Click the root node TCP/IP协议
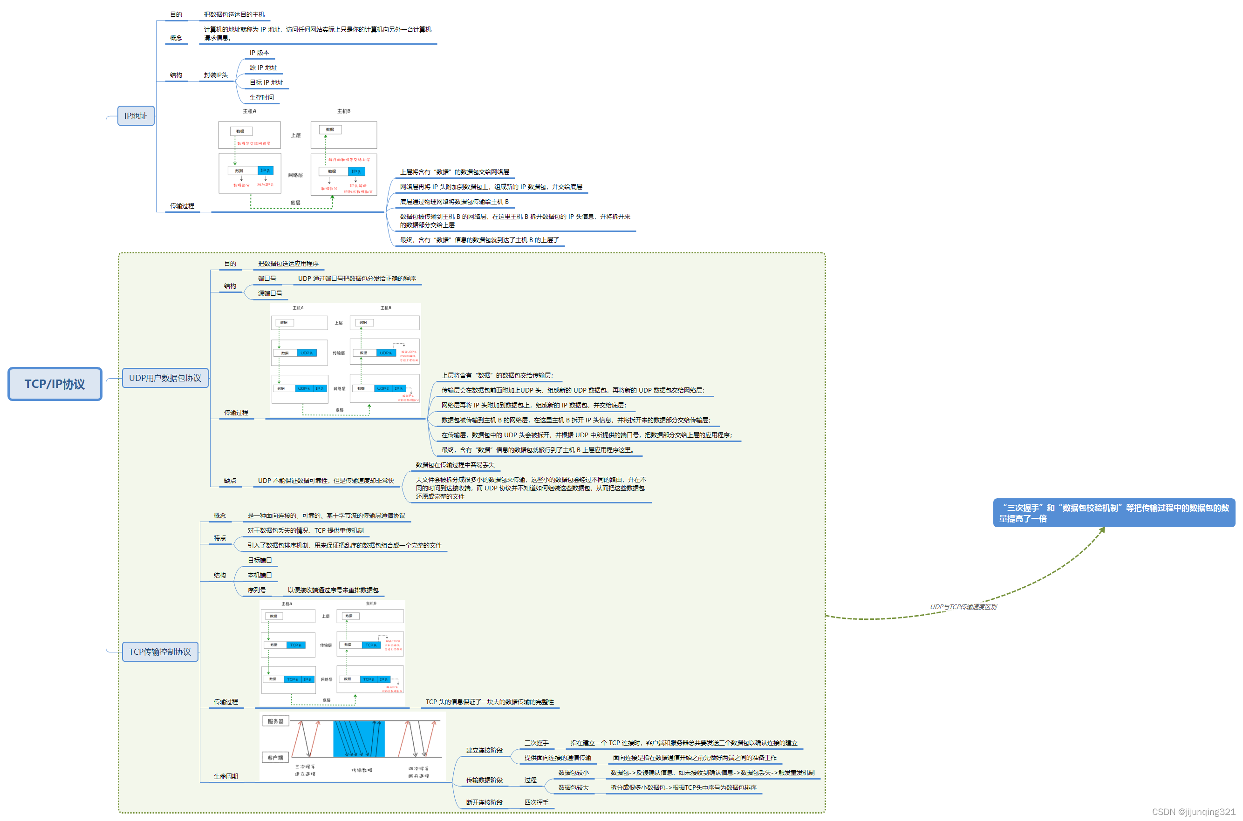(x=55, y=384)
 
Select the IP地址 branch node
(x=136, y=115)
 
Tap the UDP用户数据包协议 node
(x=165, y=378)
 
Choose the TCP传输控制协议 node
(x=160, y=652)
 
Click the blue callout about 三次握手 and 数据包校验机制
(x=1113, y=513)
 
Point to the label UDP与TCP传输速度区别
(x=963, y=607)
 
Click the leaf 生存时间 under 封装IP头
(x=261, y=97)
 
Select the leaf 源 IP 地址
(x=263, y=68)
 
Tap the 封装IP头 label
(x=216, y=75)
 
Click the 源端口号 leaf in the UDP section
(x=270, y=294)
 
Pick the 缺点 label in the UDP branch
(x=230, y=481)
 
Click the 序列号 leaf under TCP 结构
(x=257, y=590)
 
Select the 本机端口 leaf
(x=260, y=576)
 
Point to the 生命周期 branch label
(x=226, y=776)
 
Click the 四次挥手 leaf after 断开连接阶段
(x=536, y=803)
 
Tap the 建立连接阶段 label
(x=484, y=751)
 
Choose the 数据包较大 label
(x=573, y=787)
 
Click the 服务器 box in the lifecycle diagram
(x=275, y=721)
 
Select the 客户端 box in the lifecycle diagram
(x=275, y=758)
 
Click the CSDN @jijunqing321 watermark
(x=1193, y=812)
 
